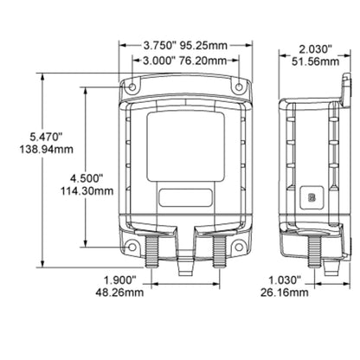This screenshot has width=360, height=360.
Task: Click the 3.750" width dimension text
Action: [x=160, y=46]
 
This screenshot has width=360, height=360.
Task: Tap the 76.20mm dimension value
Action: [x=203, y=61]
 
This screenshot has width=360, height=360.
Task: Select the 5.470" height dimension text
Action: [x=46, y=137]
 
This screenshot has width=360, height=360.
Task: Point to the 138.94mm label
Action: [x=47, y=150]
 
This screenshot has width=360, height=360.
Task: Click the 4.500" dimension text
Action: [x=87, y=178]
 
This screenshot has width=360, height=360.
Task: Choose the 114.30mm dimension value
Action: [x=87, y=191]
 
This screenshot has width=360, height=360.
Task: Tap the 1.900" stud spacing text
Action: [x=119, y=280]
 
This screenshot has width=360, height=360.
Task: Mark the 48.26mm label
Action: [x=119, y=292]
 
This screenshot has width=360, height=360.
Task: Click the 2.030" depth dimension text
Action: [x=315, y=49]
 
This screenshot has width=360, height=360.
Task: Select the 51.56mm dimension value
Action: [x=315, y=61]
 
